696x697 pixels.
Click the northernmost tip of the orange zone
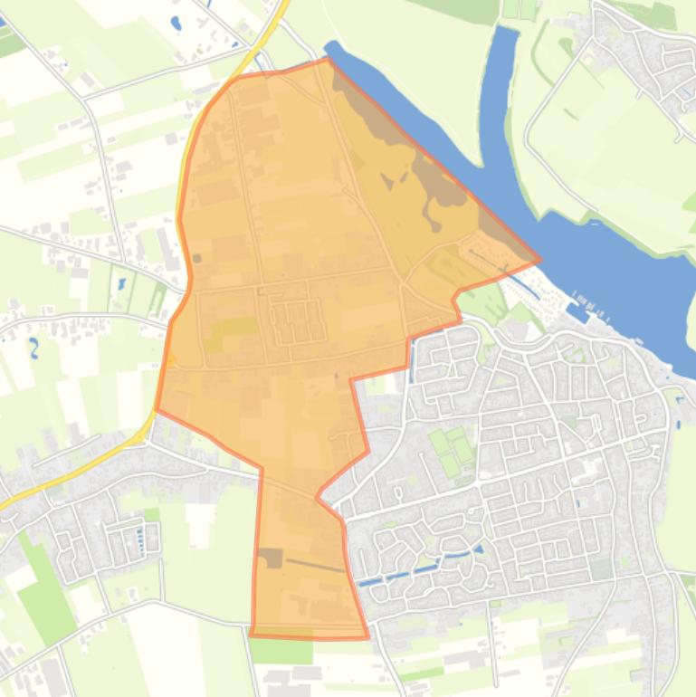pos(327,60)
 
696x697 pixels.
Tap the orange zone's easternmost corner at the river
pos(540,260)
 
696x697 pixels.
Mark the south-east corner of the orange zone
pos(368,637)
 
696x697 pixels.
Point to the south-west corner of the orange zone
pos(251,635)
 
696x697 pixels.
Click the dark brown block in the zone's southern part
pos(271,558)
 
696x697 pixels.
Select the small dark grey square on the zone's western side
pos(197,259)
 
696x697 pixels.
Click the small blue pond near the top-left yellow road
pos(176,23)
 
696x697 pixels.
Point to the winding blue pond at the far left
pos(33,348)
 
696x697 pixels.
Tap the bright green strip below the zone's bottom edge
pos(281,651)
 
